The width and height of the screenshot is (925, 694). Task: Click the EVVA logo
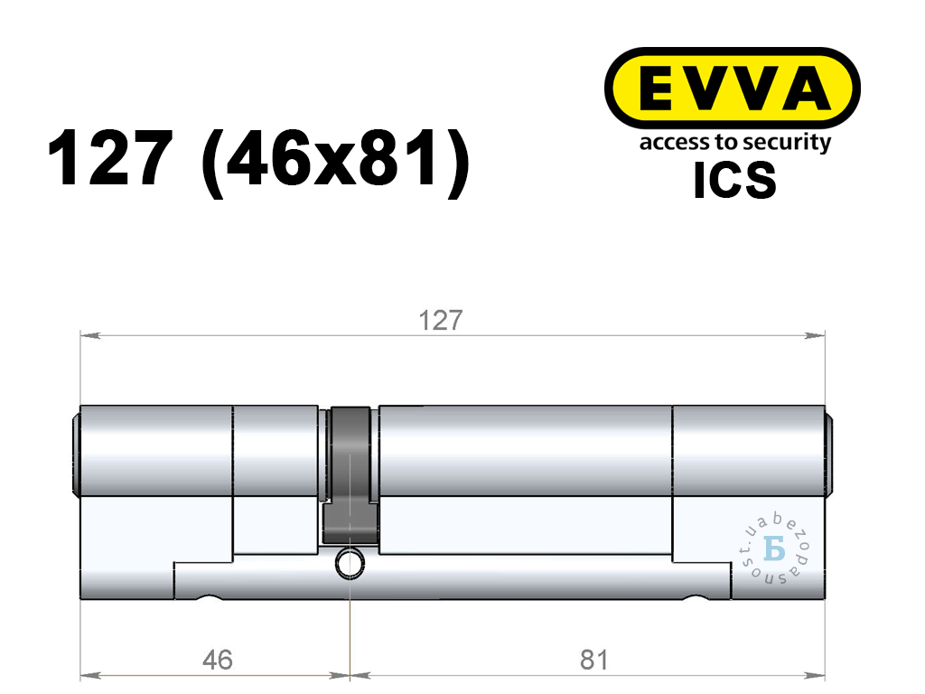pos(732,89)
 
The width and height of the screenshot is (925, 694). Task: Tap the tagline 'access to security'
pos(735,143)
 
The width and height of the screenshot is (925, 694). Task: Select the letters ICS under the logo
pos(734,180)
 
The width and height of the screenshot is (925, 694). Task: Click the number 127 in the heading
pos(110,159)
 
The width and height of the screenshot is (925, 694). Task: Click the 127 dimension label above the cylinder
pos(440,321)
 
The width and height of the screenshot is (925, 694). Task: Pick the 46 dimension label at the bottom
pos(217,660)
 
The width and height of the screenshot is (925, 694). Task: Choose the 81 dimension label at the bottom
pos(593,660)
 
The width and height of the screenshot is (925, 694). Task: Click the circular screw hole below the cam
pos(350,563)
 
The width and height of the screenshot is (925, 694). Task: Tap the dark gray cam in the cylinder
pos(350,475)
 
